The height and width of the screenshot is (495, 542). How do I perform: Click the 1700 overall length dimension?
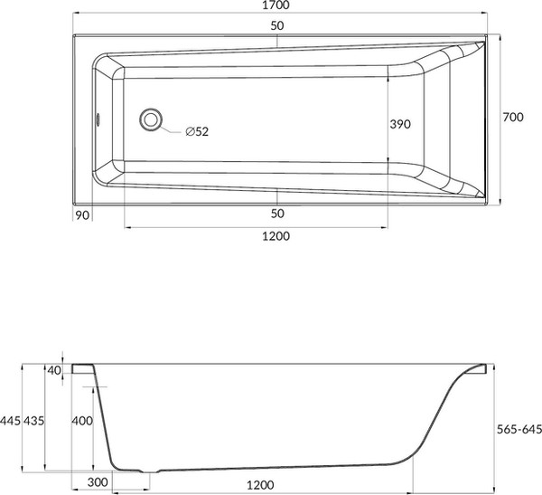(x=276, y=5)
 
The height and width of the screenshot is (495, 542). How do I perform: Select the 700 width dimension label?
(x=513, y=117)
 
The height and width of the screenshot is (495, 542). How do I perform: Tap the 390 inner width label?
(x=400, y=124)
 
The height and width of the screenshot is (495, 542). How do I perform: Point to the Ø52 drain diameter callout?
(x=197, y=131)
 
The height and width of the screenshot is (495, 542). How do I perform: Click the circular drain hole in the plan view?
(x=151, y=119)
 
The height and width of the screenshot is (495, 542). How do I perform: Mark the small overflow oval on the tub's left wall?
(x=98, y=119)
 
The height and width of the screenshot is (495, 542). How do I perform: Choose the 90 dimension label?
(x=82, y=215)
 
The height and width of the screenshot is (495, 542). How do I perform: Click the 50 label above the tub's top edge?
(x=277, y=26)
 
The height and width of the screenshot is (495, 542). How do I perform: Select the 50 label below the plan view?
(x=277, y=214)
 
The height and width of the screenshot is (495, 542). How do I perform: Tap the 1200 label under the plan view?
(x=276, y=236)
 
